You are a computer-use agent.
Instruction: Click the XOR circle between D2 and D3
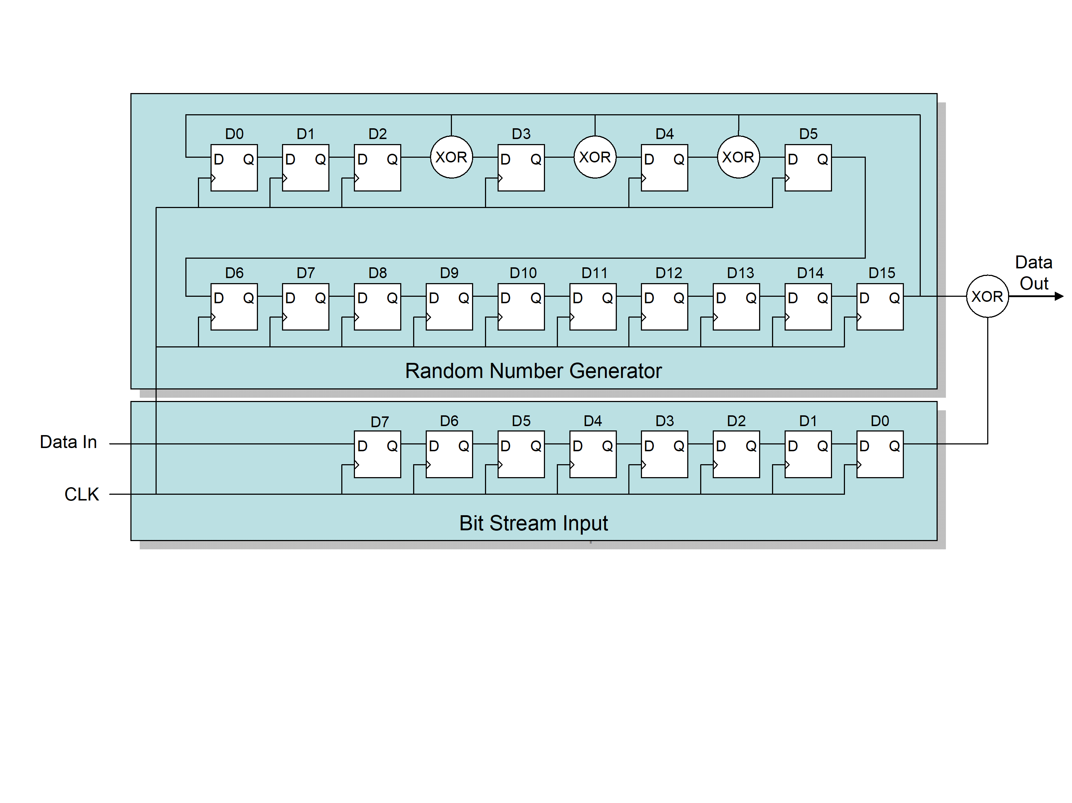point(451,157)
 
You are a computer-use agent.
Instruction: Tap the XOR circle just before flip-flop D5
point(738,157)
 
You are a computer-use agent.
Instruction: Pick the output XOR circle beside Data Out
point(987,296)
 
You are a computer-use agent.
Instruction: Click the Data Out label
point(1033,273)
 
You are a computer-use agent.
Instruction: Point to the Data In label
point(68,442)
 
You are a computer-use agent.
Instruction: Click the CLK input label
point(82,494)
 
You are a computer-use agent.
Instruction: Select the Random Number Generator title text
point(533,371)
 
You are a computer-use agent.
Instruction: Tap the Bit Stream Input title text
point(533,523)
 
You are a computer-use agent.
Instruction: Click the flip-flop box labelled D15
point(879,307)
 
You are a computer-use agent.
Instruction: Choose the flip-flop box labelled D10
point(521,307)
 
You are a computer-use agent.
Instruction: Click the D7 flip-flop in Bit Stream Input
point(377,454)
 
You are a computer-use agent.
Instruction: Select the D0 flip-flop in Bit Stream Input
point(879,454)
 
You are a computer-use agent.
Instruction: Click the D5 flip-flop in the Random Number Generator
point(808,168)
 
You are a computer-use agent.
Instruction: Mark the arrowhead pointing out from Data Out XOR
point(1059,296)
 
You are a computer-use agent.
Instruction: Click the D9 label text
point(449,273)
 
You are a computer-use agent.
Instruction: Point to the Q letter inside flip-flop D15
point(894,298)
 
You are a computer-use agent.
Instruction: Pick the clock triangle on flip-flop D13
point(715,317)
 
